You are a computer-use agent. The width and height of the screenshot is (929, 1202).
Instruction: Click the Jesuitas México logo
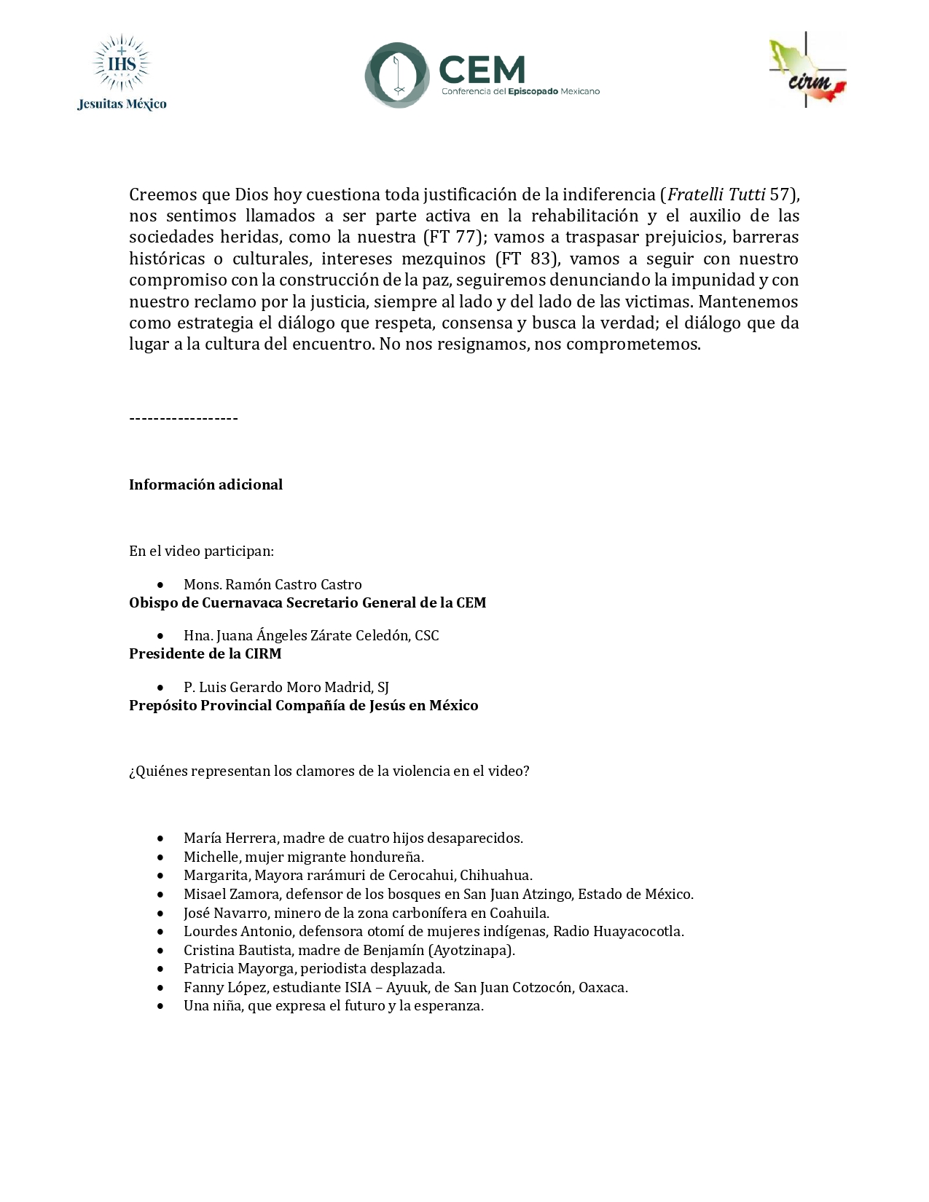pyautogui.click(x=122, y=74)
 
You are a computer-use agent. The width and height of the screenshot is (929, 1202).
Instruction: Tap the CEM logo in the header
pyautogui.click(x=481, y=74)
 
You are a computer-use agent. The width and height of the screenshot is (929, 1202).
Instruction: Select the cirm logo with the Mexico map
pyautogui.click(x=807, y=71)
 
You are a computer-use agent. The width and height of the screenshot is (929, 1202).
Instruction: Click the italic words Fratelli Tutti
pyautogui.click(x=716, y=195)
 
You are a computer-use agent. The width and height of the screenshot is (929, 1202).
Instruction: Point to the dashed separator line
pyautogui.click(x=184, y=418)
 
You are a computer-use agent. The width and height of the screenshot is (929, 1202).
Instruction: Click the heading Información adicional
pyautogui.click(x=205, y=485)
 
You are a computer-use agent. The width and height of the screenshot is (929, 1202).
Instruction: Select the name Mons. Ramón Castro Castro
pyautogui.click(x=273, y=585)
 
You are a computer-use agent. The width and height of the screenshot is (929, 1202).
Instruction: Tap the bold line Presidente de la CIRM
pyautogui.click(x=205, y=654)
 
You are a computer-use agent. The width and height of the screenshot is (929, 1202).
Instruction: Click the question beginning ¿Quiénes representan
pyautogui.click(x=329, y=771)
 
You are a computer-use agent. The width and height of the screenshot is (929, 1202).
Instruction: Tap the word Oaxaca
pyautogui.click(x=602, y=988)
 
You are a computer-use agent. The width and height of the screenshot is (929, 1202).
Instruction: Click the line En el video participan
pyautogui.click(x=201, y=551)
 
